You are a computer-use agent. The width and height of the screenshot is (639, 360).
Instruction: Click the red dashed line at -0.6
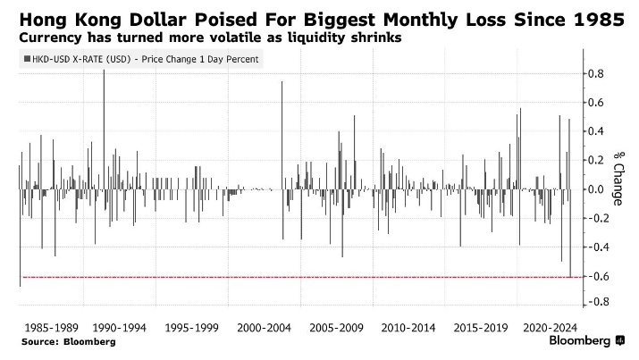[295, 277]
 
